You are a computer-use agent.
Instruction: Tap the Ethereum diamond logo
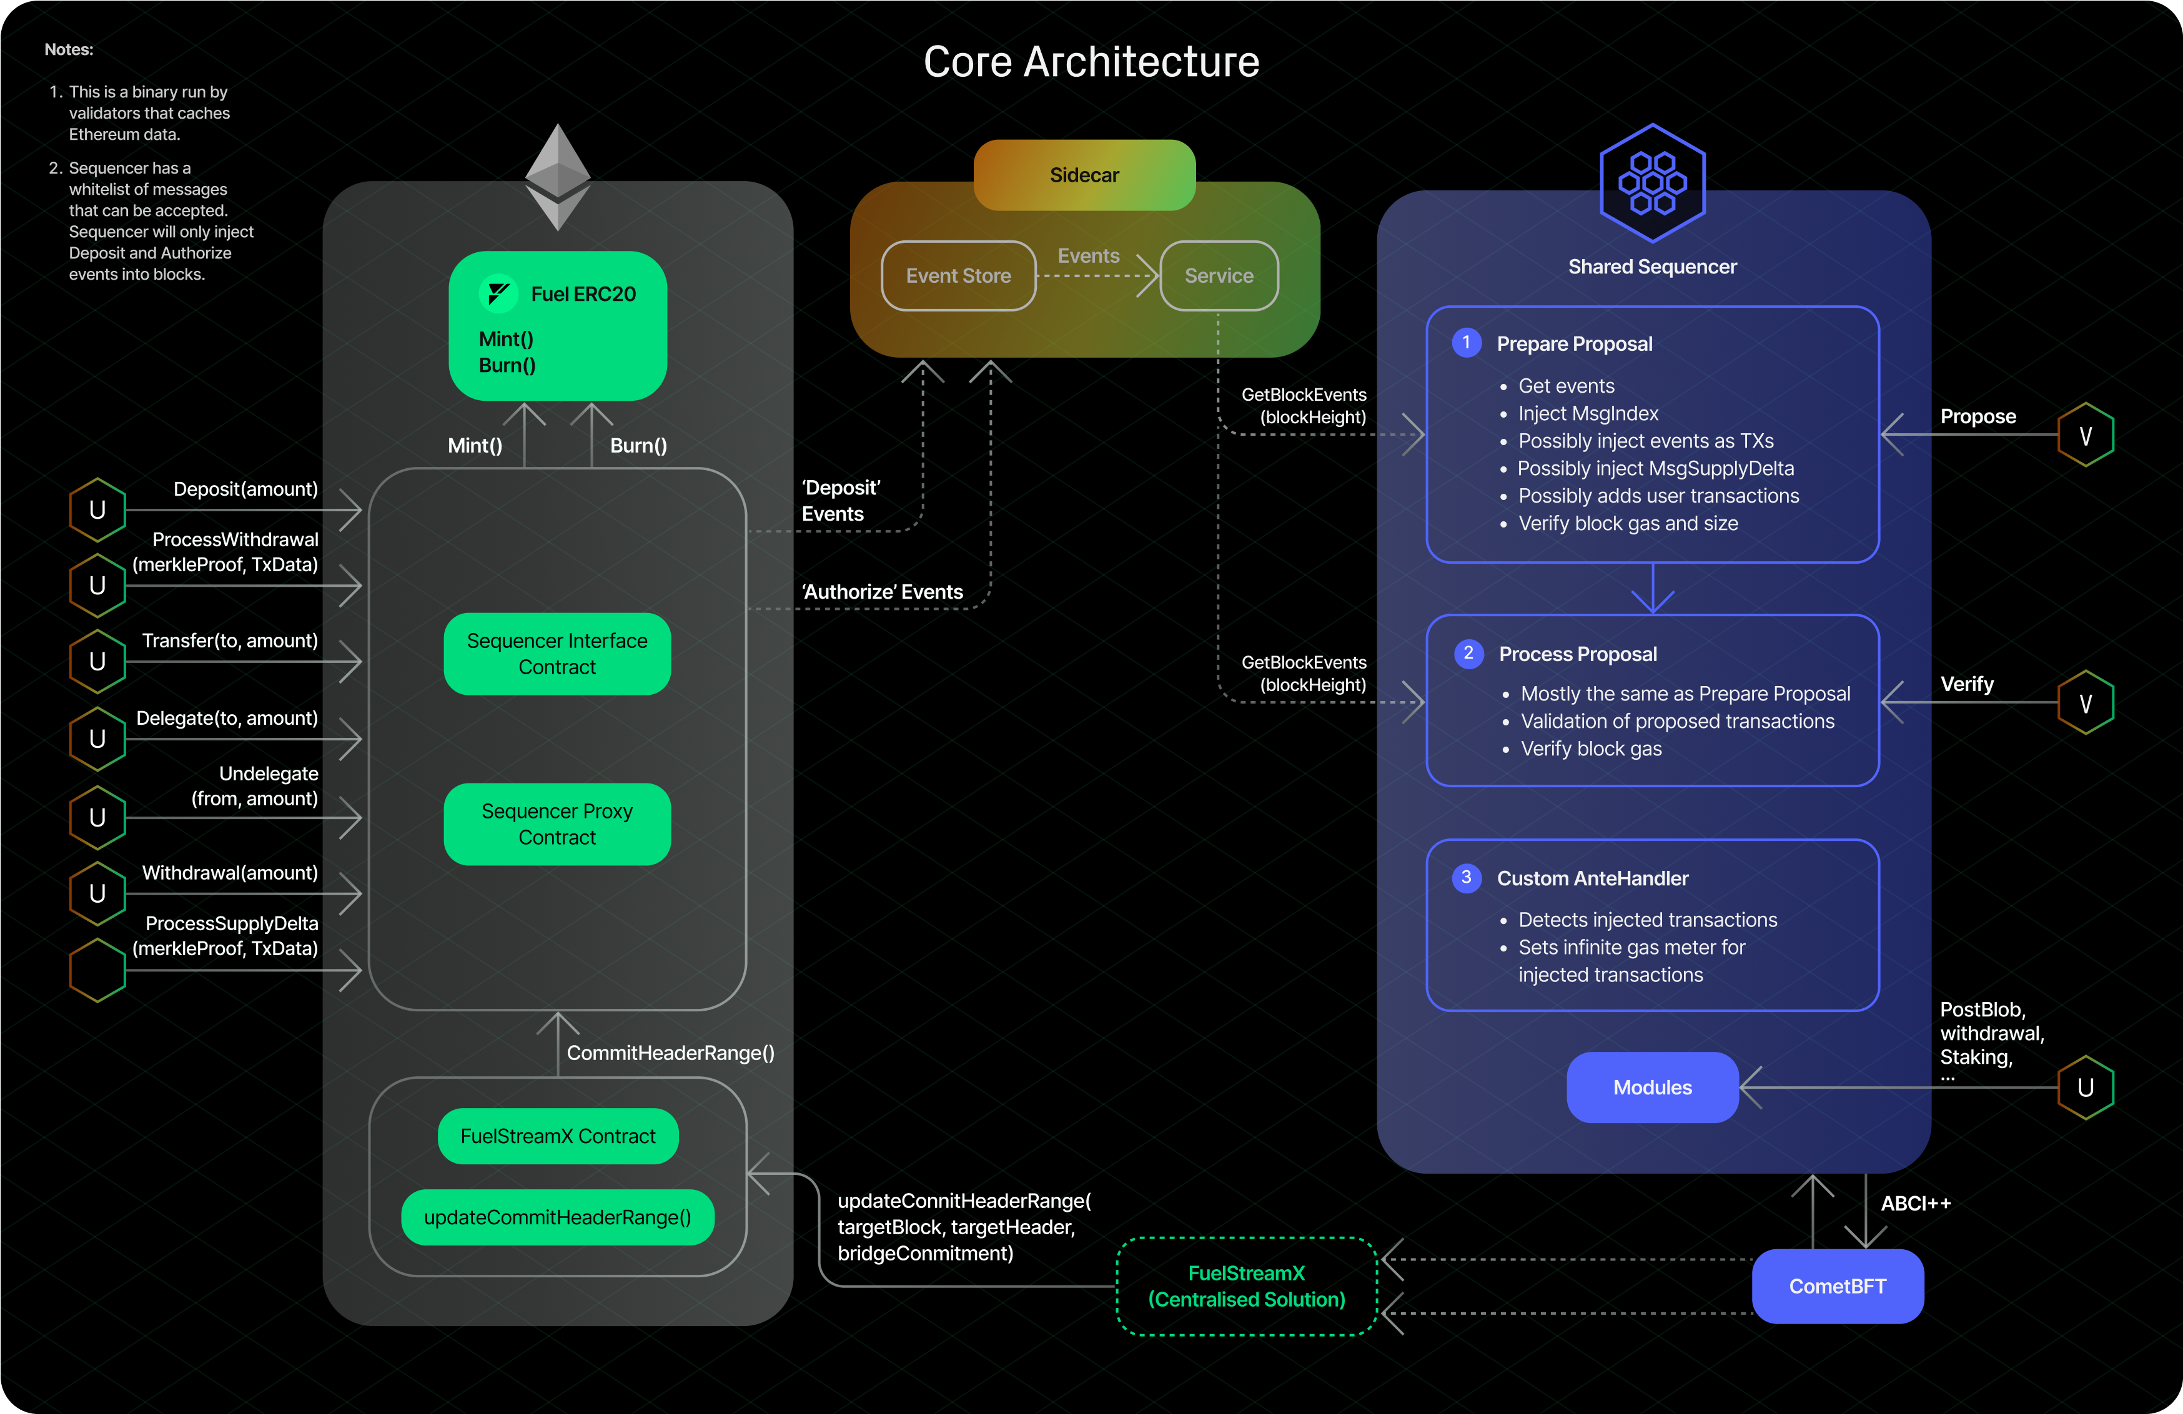tap(558, 176)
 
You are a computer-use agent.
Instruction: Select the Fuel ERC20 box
tap(558, 325)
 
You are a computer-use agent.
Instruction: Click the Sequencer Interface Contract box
tap(558, 654)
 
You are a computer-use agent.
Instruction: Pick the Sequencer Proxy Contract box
tap(558, 823)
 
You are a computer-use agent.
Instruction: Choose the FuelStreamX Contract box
tap(558, 1136)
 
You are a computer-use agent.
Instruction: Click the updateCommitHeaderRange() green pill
tap(558, 1217)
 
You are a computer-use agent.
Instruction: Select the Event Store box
tap(959, 276)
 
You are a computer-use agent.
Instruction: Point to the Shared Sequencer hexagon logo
tap(1652, 182)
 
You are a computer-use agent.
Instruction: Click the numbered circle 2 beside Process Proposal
tap(1468, 653)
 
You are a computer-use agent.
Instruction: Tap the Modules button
tap(1652, 1088)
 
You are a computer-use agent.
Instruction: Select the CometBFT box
tap(1837, 1285)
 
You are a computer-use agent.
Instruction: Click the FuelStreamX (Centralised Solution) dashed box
tap(1247, 1285)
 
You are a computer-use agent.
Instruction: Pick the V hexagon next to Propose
tap(2085, 436)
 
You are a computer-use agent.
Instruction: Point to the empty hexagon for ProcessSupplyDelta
tap(97, 970)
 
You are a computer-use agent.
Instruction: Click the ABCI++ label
tap(1915, 1203)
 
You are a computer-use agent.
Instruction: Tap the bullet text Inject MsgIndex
tap(1588, 413)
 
